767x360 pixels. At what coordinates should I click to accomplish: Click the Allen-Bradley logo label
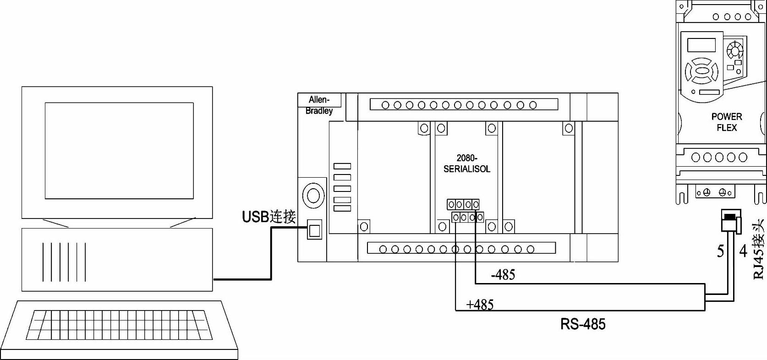pyautogui.click(x=319, y=105)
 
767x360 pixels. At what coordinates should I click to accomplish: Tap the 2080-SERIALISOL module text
pyautogui.click(x=467, y=163)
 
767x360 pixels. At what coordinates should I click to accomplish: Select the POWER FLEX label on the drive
pyautogui.click(x=727, y=122)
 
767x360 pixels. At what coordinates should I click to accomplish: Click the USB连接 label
pyautogui.click(x=269, y=217)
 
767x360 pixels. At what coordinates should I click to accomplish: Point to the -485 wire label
pyautogui.click(x=503, y=274)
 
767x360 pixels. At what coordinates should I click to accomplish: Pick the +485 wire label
pyautogui.click(x=480, y=304)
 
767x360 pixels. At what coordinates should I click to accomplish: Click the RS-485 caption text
pyautogui.click(x=583, y=324)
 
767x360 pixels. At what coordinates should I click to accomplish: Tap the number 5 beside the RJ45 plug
pyautogui.click(x=721, y=251)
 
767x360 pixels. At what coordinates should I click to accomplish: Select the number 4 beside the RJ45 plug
pyautogui.click(x=743, y=251)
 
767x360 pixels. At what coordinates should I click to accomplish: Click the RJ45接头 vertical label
pyautogui.click(x=759, y=249)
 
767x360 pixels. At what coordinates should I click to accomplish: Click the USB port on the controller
pyautogui.click(x=314, y=229)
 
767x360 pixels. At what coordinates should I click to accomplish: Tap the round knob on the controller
pyautogui.click(x=313, y=196)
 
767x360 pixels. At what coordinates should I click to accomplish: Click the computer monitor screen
pyautogui.click(x=119, y=151)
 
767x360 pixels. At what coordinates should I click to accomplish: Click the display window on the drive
pyautogui.click(x=701, y=45)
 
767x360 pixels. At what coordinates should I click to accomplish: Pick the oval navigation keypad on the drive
pyautogui.click(x=701, y=71)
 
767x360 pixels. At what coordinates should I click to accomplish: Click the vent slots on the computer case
pyautogui.click(x=64, y=262)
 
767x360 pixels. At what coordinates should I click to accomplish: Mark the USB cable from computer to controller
pyautogui.click(x=271, y=253)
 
